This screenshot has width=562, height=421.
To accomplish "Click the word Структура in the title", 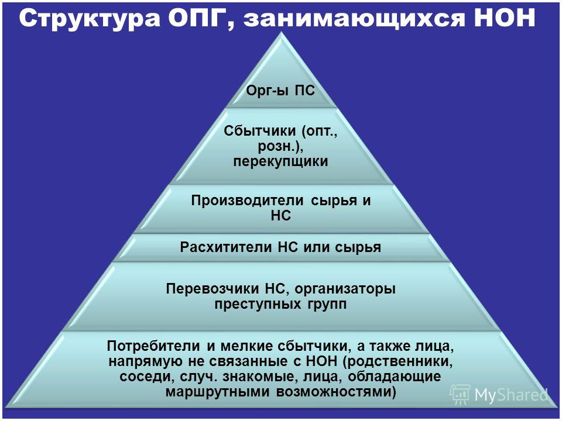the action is pos(89,18).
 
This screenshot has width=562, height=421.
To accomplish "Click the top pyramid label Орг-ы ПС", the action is pos(280,91).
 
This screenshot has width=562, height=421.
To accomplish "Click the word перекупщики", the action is pos(280,161).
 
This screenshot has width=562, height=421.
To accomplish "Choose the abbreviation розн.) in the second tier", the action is pos(280,146).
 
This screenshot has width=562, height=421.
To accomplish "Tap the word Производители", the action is pos(247,200).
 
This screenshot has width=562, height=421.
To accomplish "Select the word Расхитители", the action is pos(227,247).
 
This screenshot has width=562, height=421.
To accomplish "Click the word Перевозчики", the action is pos(213,288).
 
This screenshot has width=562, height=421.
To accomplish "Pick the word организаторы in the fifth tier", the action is pos(345,289).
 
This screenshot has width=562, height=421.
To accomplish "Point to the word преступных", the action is pos(256,304).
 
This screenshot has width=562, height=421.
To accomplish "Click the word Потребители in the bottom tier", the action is pos(154,346).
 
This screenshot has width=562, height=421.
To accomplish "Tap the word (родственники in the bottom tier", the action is pos(398,361).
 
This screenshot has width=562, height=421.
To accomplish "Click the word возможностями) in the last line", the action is pos(336,392).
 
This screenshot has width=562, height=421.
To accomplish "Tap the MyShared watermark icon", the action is pos(460,395).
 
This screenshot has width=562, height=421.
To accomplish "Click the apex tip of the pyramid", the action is pos(282,32).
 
